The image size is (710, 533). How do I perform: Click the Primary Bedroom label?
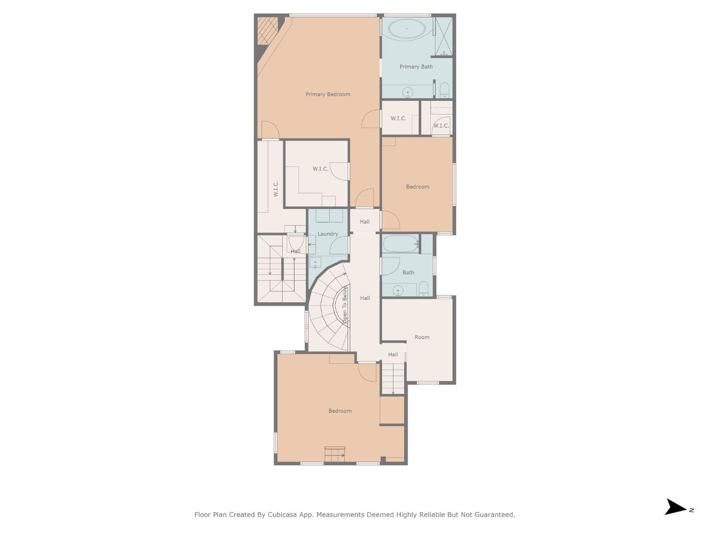328,94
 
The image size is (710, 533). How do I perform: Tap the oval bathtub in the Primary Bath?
407,28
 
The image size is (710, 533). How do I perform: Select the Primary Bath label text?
416,67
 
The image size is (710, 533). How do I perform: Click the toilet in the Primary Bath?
444,90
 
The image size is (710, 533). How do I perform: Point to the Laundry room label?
328,234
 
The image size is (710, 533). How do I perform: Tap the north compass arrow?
676,507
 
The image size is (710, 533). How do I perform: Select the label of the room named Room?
422,337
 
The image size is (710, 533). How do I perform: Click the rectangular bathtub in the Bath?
400,244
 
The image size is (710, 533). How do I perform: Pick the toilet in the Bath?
423,288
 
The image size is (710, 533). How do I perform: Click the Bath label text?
408,272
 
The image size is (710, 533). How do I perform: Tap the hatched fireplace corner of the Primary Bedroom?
267,30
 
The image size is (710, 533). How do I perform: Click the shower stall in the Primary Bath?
444,36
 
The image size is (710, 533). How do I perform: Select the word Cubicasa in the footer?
282,515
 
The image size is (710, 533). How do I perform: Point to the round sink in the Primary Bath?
407,92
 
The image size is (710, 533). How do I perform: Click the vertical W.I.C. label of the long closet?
276,189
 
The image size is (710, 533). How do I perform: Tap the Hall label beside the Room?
393,354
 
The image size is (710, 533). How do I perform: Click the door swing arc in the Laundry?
338,245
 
